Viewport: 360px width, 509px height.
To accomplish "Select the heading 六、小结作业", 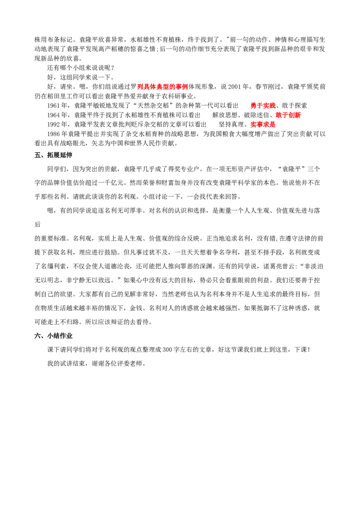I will click(54, 336).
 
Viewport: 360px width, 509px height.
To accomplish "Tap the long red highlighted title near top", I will click(162, 86).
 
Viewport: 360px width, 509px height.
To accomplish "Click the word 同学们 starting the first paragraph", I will click(57, 170).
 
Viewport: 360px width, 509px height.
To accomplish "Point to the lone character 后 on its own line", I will click(38, 224).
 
